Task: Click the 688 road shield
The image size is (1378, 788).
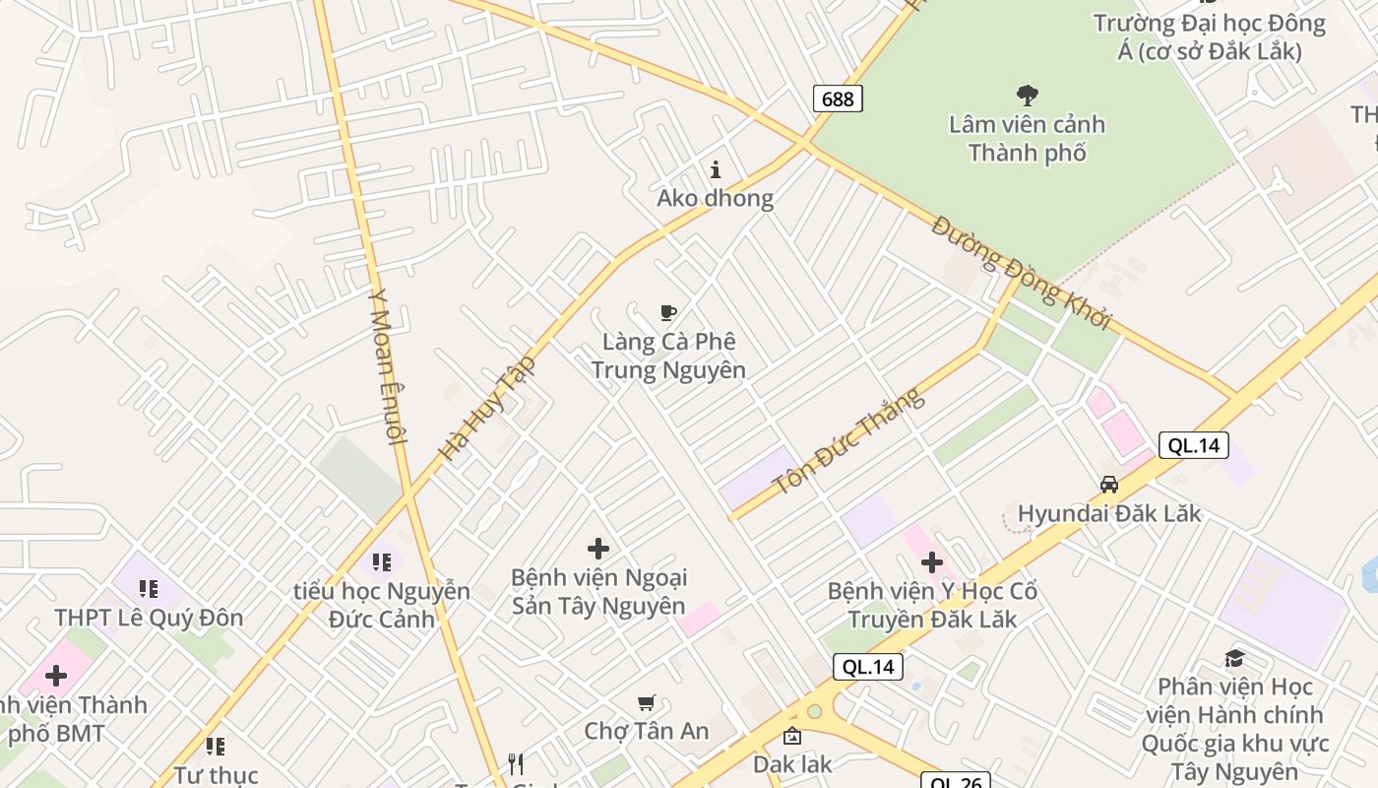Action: coord(838,98)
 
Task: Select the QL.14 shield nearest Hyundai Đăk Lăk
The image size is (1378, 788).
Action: coord(1193,445)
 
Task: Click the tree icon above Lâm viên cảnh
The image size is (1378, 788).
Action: coord(1027,96)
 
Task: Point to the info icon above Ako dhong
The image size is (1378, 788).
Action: coord(716,169)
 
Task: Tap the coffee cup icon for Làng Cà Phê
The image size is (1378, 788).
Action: coord(668,313)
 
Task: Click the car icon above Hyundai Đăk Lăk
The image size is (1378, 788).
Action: coord(1109,485)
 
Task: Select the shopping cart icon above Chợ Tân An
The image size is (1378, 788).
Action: coord(646,702)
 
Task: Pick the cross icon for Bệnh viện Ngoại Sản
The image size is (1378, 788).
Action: coord(597,549)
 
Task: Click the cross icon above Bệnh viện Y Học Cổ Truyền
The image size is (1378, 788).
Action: coord(931,562)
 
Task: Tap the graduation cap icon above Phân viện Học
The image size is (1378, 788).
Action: coord(1234,658)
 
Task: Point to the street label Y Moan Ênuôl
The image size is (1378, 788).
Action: coord(387,366)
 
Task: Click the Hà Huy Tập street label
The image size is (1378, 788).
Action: coord(488,408)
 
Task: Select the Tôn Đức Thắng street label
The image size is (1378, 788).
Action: coord(848,442)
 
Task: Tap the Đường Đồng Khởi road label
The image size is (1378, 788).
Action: coord(1021,272)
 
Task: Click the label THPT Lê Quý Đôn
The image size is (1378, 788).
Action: coord(149,618)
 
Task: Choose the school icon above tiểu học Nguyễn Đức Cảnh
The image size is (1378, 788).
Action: coord(381,562)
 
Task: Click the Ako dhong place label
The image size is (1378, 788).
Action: coord(716,198)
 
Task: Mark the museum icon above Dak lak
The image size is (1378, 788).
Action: coord(791,736)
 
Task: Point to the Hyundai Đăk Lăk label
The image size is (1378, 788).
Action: coord(1109,513)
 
